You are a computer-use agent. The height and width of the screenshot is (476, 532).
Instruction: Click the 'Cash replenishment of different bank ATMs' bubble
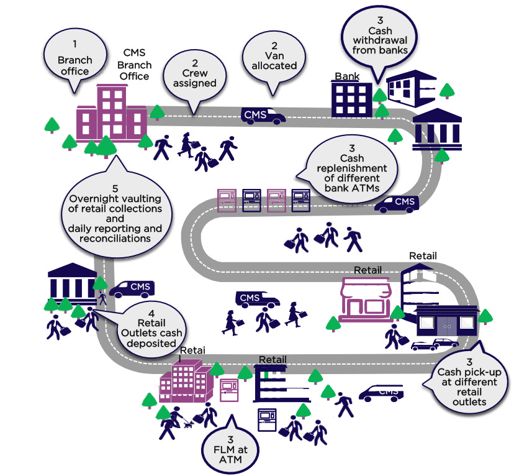tap(351, 168)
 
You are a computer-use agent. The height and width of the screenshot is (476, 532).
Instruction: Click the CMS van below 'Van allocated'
tap(263, 115)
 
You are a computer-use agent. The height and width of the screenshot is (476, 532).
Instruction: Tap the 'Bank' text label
tap(347, 76)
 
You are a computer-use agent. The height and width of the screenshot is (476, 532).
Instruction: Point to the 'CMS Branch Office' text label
tap(134, 64)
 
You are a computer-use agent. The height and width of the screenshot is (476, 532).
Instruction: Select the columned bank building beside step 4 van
tap(72, 283)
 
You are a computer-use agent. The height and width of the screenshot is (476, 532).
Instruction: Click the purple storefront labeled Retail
tap(369, 298)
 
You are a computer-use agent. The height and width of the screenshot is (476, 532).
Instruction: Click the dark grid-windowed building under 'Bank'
tap(351, 99)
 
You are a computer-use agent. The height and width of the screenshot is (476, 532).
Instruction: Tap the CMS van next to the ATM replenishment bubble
tap(396, 203)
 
